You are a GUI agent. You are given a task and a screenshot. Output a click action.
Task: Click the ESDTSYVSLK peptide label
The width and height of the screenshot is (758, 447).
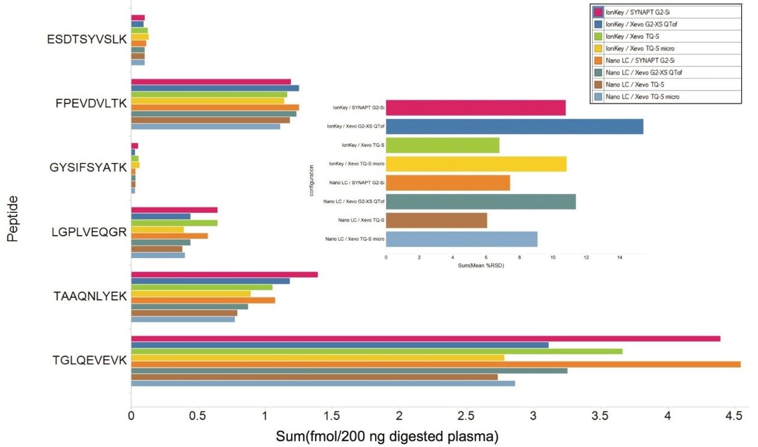pos(87,40)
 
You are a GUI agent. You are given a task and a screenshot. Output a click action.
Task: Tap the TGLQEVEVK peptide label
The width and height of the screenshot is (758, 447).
pos(90,360)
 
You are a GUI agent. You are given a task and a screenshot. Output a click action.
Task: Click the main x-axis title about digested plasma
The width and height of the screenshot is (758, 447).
pos(387,436)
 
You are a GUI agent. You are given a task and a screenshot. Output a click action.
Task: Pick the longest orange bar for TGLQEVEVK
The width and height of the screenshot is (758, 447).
pos(435,364)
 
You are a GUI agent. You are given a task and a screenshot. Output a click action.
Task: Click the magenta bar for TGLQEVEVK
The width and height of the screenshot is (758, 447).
pos(425,339)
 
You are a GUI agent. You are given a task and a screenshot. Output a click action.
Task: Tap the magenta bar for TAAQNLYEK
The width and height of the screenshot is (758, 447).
pos(224,274)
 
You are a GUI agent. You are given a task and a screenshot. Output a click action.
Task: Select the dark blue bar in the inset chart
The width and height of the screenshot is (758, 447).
pos(514,126)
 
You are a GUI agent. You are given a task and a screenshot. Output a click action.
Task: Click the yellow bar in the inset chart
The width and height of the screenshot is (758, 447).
pos(475,164)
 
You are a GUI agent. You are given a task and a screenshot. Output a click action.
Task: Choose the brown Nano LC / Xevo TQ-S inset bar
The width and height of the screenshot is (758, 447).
pos(436,220)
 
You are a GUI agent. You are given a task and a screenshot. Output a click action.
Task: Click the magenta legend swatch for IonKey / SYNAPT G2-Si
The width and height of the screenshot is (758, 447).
pos(598,12)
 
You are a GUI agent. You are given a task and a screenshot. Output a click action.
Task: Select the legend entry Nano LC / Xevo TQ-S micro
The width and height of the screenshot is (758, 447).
pos(643,96)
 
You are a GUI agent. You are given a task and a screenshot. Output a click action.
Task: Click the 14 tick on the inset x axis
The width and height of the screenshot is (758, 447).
pos(619,257)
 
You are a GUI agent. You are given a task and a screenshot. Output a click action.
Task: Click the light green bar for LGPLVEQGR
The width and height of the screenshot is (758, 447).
pos(174,223)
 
